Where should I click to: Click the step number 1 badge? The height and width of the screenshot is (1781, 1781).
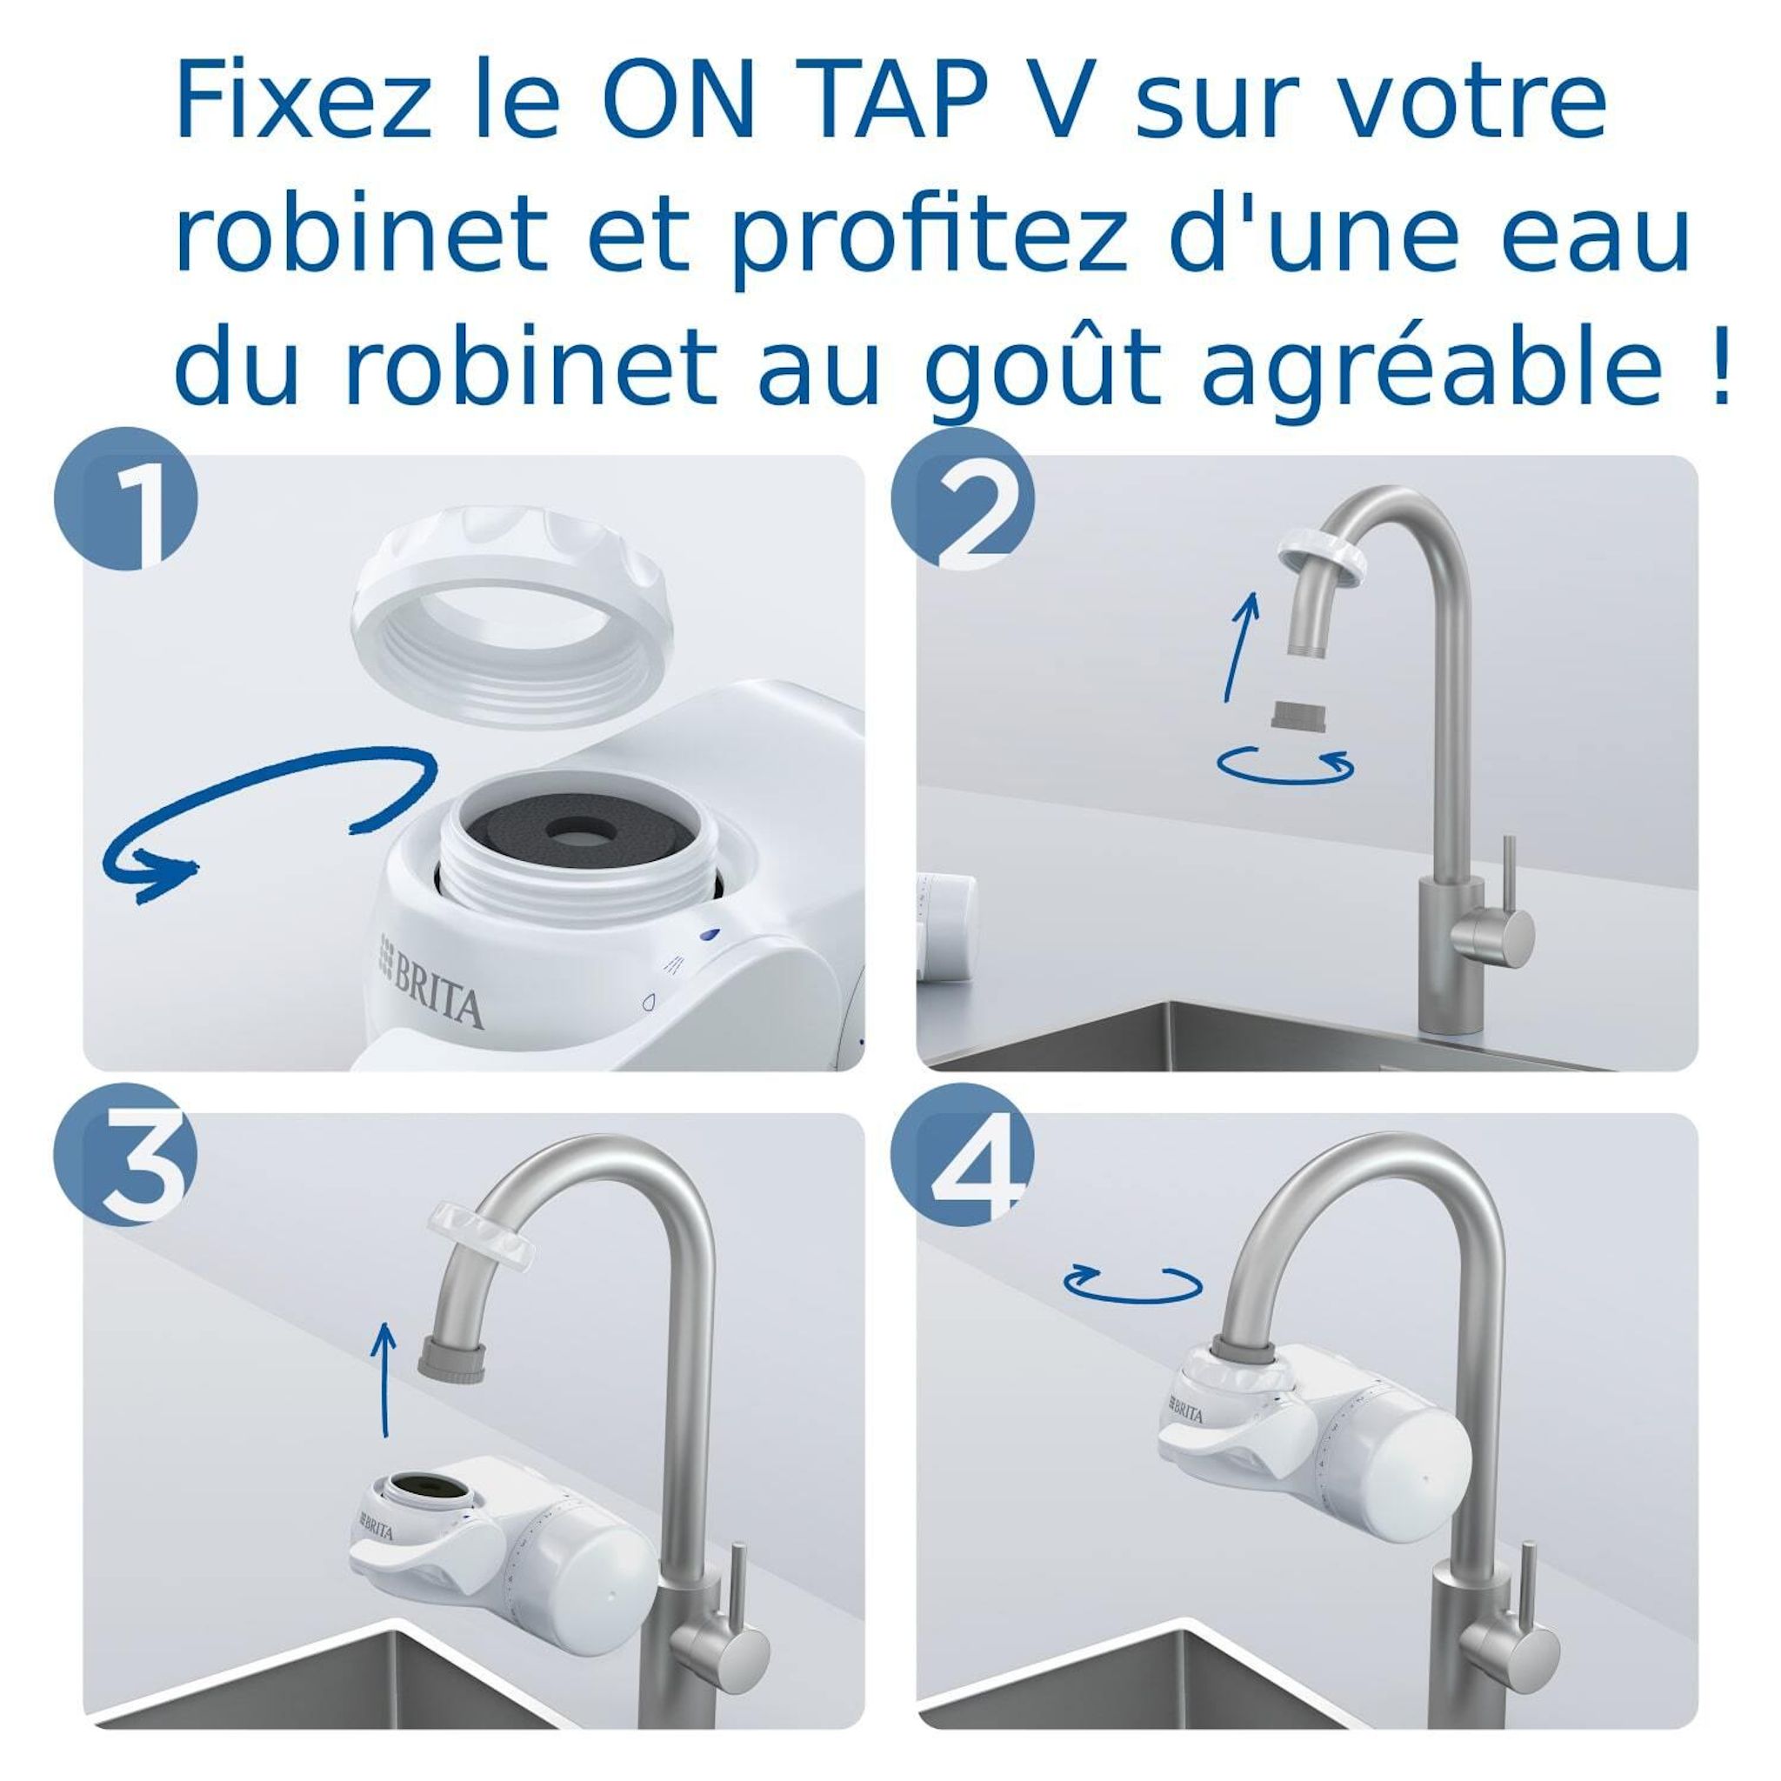point(126,498)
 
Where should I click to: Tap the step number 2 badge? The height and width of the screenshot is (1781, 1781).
point(964,498)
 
